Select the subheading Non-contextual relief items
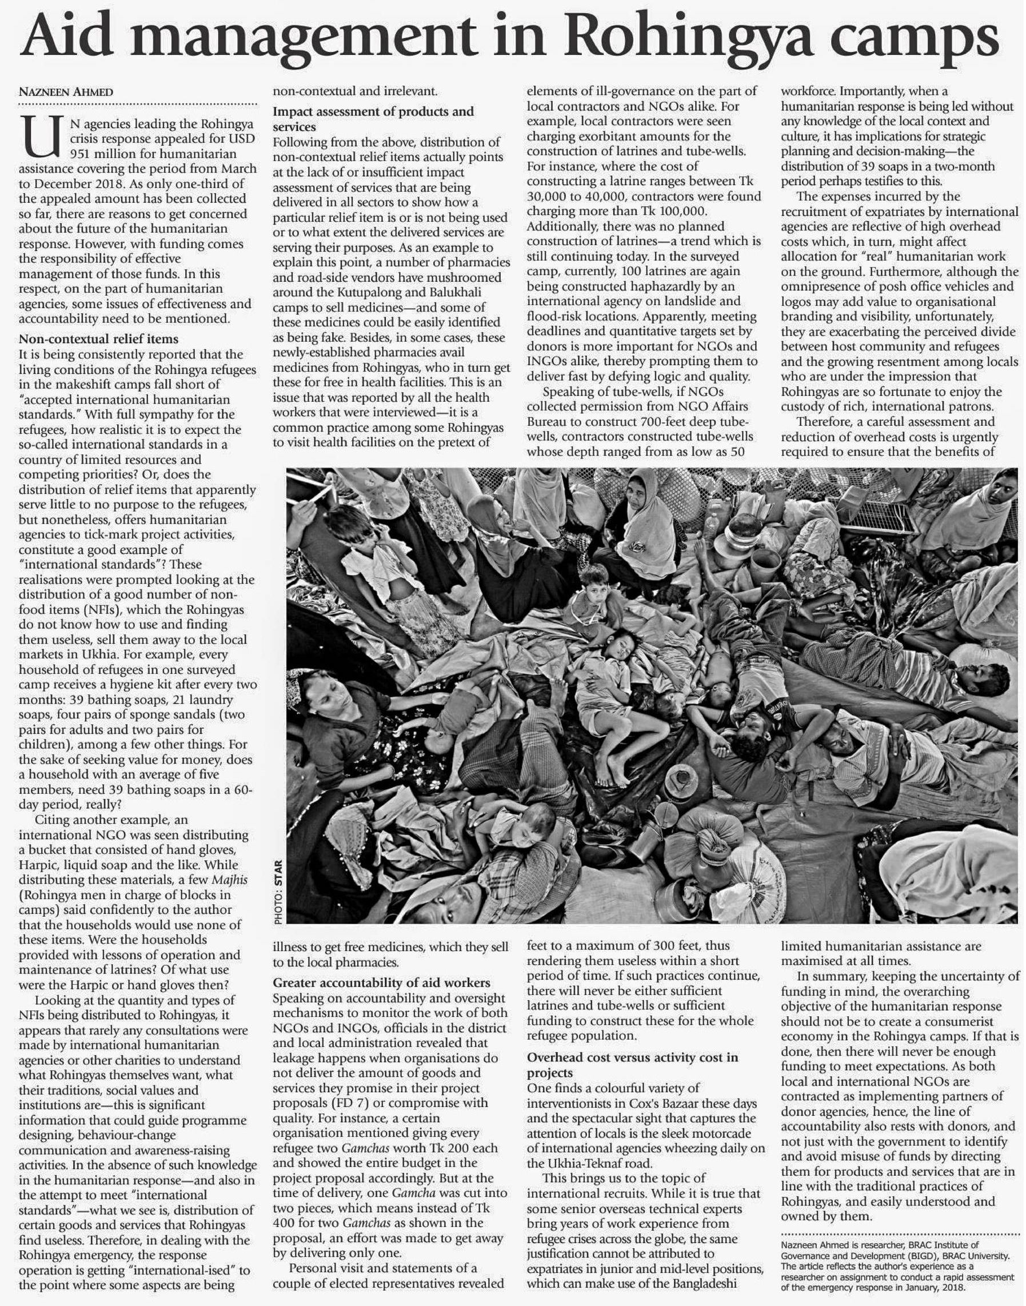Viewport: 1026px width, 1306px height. (x=98, y=339)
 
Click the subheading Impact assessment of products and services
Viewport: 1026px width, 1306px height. (x=373, y=119)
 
